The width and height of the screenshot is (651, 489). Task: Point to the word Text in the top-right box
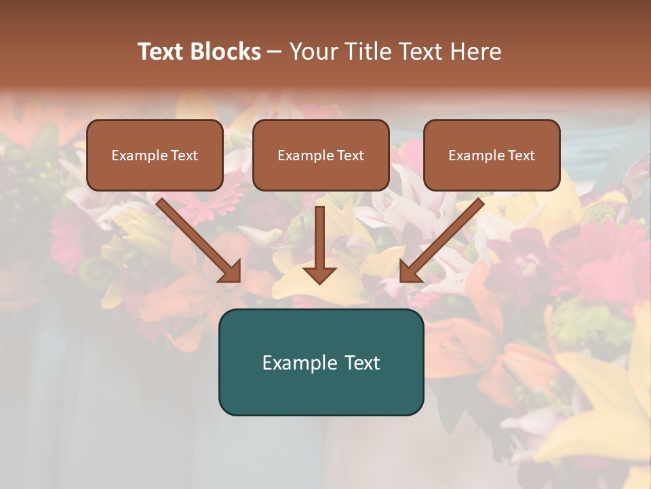point(521,156)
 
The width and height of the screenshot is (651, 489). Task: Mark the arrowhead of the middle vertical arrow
point(319,274)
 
